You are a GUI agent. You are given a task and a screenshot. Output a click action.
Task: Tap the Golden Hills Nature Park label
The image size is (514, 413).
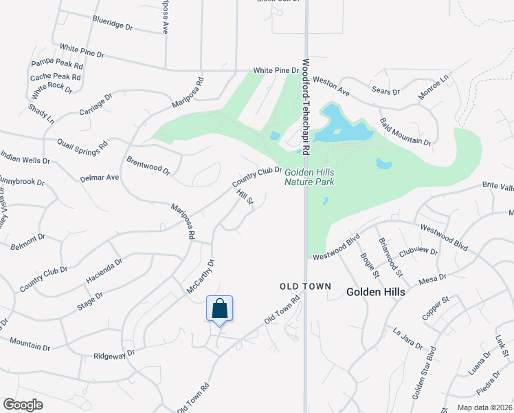click(x=309, y=178)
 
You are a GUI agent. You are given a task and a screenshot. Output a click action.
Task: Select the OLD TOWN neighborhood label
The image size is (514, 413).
click(x=305, y=286)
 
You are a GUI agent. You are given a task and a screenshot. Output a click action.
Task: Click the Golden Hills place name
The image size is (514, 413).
click(x=375, y=292)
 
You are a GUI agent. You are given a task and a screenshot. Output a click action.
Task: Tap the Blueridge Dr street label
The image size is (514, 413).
click(x=111, y=24)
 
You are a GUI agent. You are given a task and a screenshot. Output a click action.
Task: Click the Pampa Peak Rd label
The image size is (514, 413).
click(x=57, y=65)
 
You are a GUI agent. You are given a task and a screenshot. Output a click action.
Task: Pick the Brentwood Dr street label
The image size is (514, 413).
click(x=148, y=165)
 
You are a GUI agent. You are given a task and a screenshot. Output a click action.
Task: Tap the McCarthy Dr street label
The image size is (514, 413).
click(x=201, y=277)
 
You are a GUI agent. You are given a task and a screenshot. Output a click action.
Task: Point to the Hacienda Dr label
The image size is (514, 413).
click(x=104, y=271)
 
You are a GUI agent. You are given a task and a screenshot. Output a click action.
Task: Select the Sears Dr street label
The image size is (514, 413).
click(x=386, y=90)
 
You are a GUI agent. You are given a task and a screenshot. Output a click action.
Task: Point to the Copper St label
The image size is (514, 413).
click(x=436, y=309)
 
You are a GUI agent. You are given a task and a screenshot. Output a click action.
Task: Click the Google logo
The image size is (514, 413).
click(x=23, y=405)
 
